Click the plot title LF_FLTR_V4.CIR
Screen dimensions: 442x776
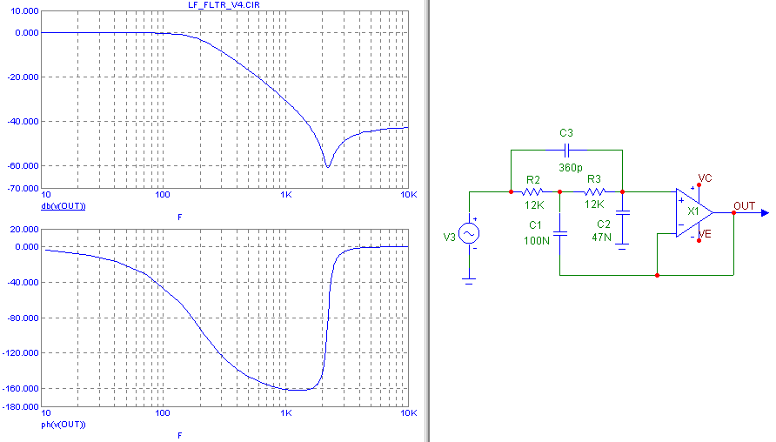coord(224,5)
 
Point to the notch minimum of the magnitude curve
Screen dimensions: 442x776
coord(327,166)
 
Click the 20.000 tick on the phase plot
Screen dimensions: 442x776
coord(23,230)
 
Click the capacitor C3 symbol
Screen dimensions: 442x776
coord(566,150)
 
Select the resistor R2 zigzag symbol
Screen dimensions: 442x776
coord(533,191)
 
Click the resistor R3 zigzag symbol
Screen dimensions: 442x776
coord(594,191)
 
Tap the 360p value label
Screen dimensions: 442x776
coord(570,166)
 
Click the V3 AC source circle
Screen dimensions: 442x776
coord(469,234)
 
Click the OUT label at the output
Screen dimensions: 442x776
coord(744,205)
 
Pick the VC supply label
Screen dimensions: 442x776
coord(705,177)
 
